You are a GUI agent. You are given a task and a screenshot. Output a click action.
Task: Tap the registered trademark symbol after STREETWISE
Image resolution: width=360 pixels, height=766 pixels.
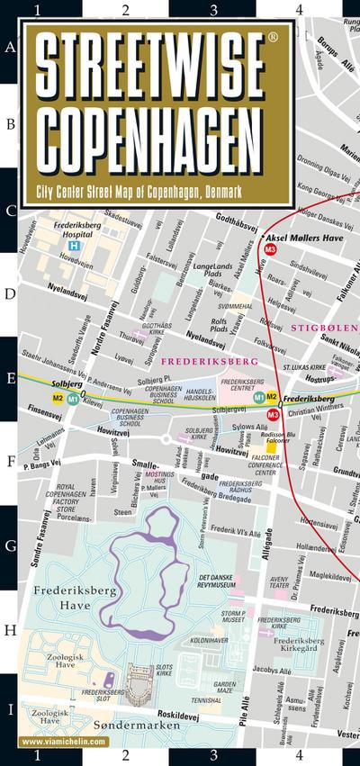pyautogui.click(x=273, y=40)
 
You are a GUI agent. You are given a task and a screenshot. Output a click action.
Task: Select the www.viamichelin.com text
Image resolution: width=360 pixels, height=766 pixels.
pyautogui.click(x=64, y=743)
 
